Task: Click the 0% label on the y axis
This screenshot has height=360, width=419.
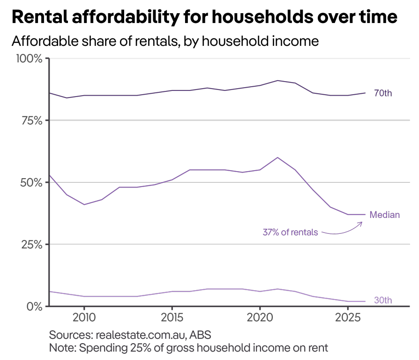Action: pyautogui.click(x=35, y=306)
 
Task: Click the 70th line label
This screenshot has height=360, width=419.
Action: pyautogui.click(x=382, y=93)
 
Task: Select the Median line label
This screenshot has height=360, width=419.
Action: pyautogui.click(x=384, y=215)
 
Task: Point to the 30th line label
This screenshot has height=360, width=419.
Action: pyautogui.click(x=382, y=300)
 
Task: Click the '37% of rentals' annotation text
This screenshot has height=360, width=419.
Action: pyautogui.click(x=290, y=232)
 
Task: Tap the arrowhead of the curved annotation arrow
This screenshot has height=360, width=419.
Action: pyautogui.click(x=362, y=223)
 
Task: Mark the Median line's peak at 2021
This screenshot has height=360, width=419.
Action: pyautogui.click(x=277, y=157)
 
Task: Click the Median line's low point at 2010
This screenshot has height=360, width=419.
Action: pyautogui.click(x=84, y=204)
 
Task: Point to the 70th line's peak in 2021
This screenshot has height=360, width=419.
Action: pyautogui.click(x=277, y=81)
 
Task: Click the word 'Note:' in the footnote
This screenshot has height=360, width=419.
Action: pyautogui.click(x=62, y=348)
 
